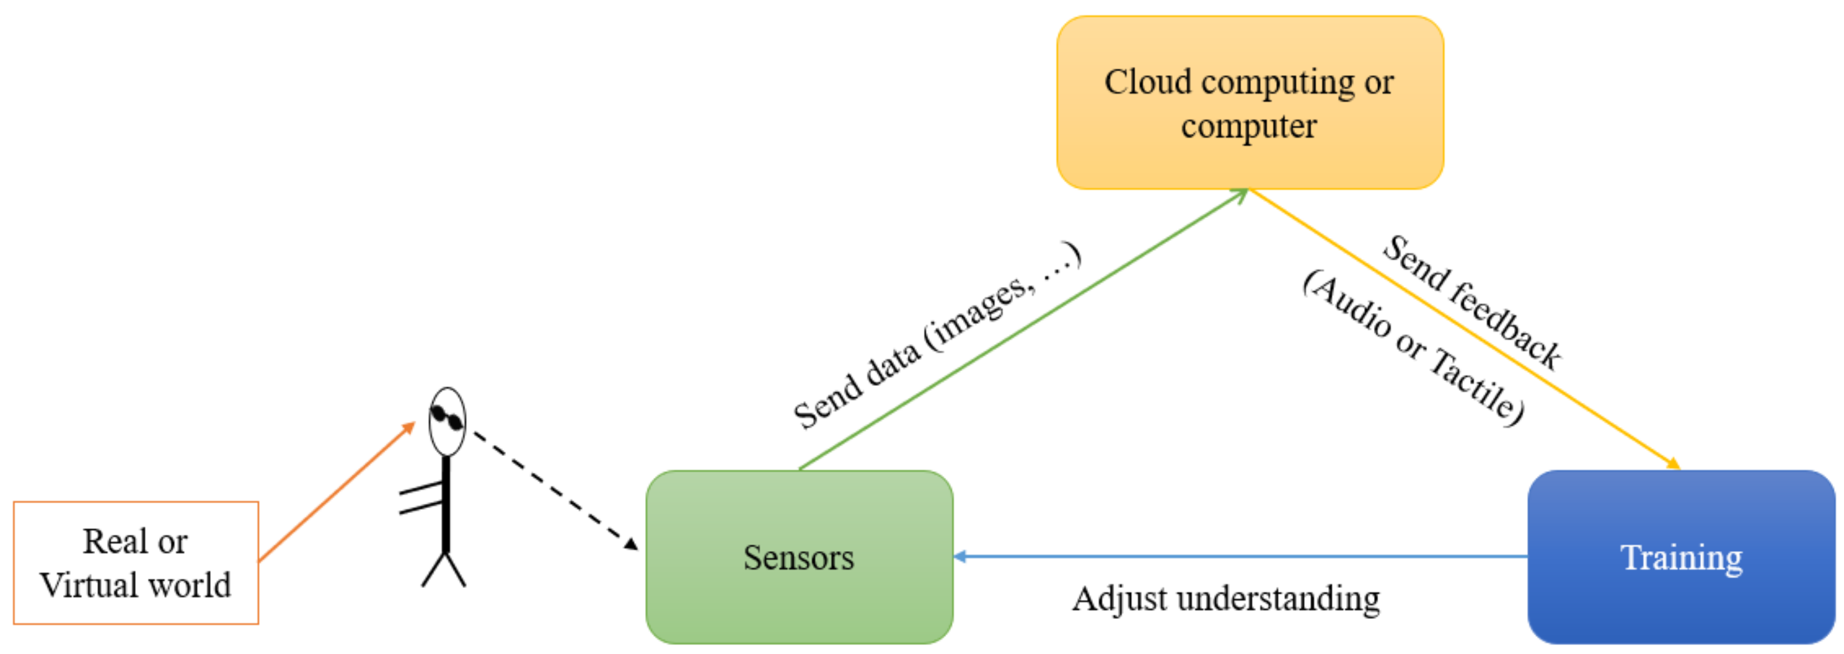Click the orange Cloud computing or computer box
(1249, 102)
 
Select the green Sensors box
(799, 557)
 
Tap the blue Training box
(1681, 557)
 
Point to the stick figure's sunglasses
(446, 418)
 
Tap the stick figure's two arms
(421, 499)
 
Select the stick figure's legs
(444, 570)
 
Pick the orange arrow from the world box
(336, 492)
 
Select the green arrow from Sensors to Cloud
(1024, 329)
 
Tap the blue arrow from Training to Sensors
(1242, 556)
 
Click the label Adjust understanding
(1225, 598)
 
